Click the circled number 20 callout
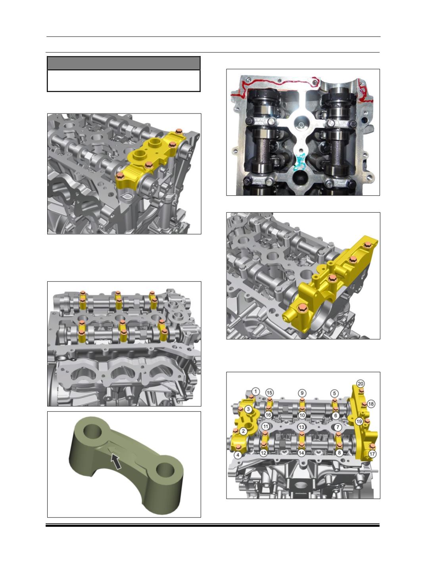(x=360, y=384)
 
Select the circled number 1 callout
(x=255, y=391)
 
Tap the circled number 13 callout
(x=301, y=427)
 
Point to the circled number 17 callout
(x=372, y=454)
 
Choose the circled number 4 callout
(x=238, y=455)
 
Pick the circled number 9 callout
(x=302, y=393)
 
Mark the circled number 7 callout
(x=338, y=427)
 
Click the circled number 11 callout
(x=266, y=426)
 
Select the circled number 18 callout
(x=371, y=404)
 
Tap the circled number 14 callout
(x=301, y=453)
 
